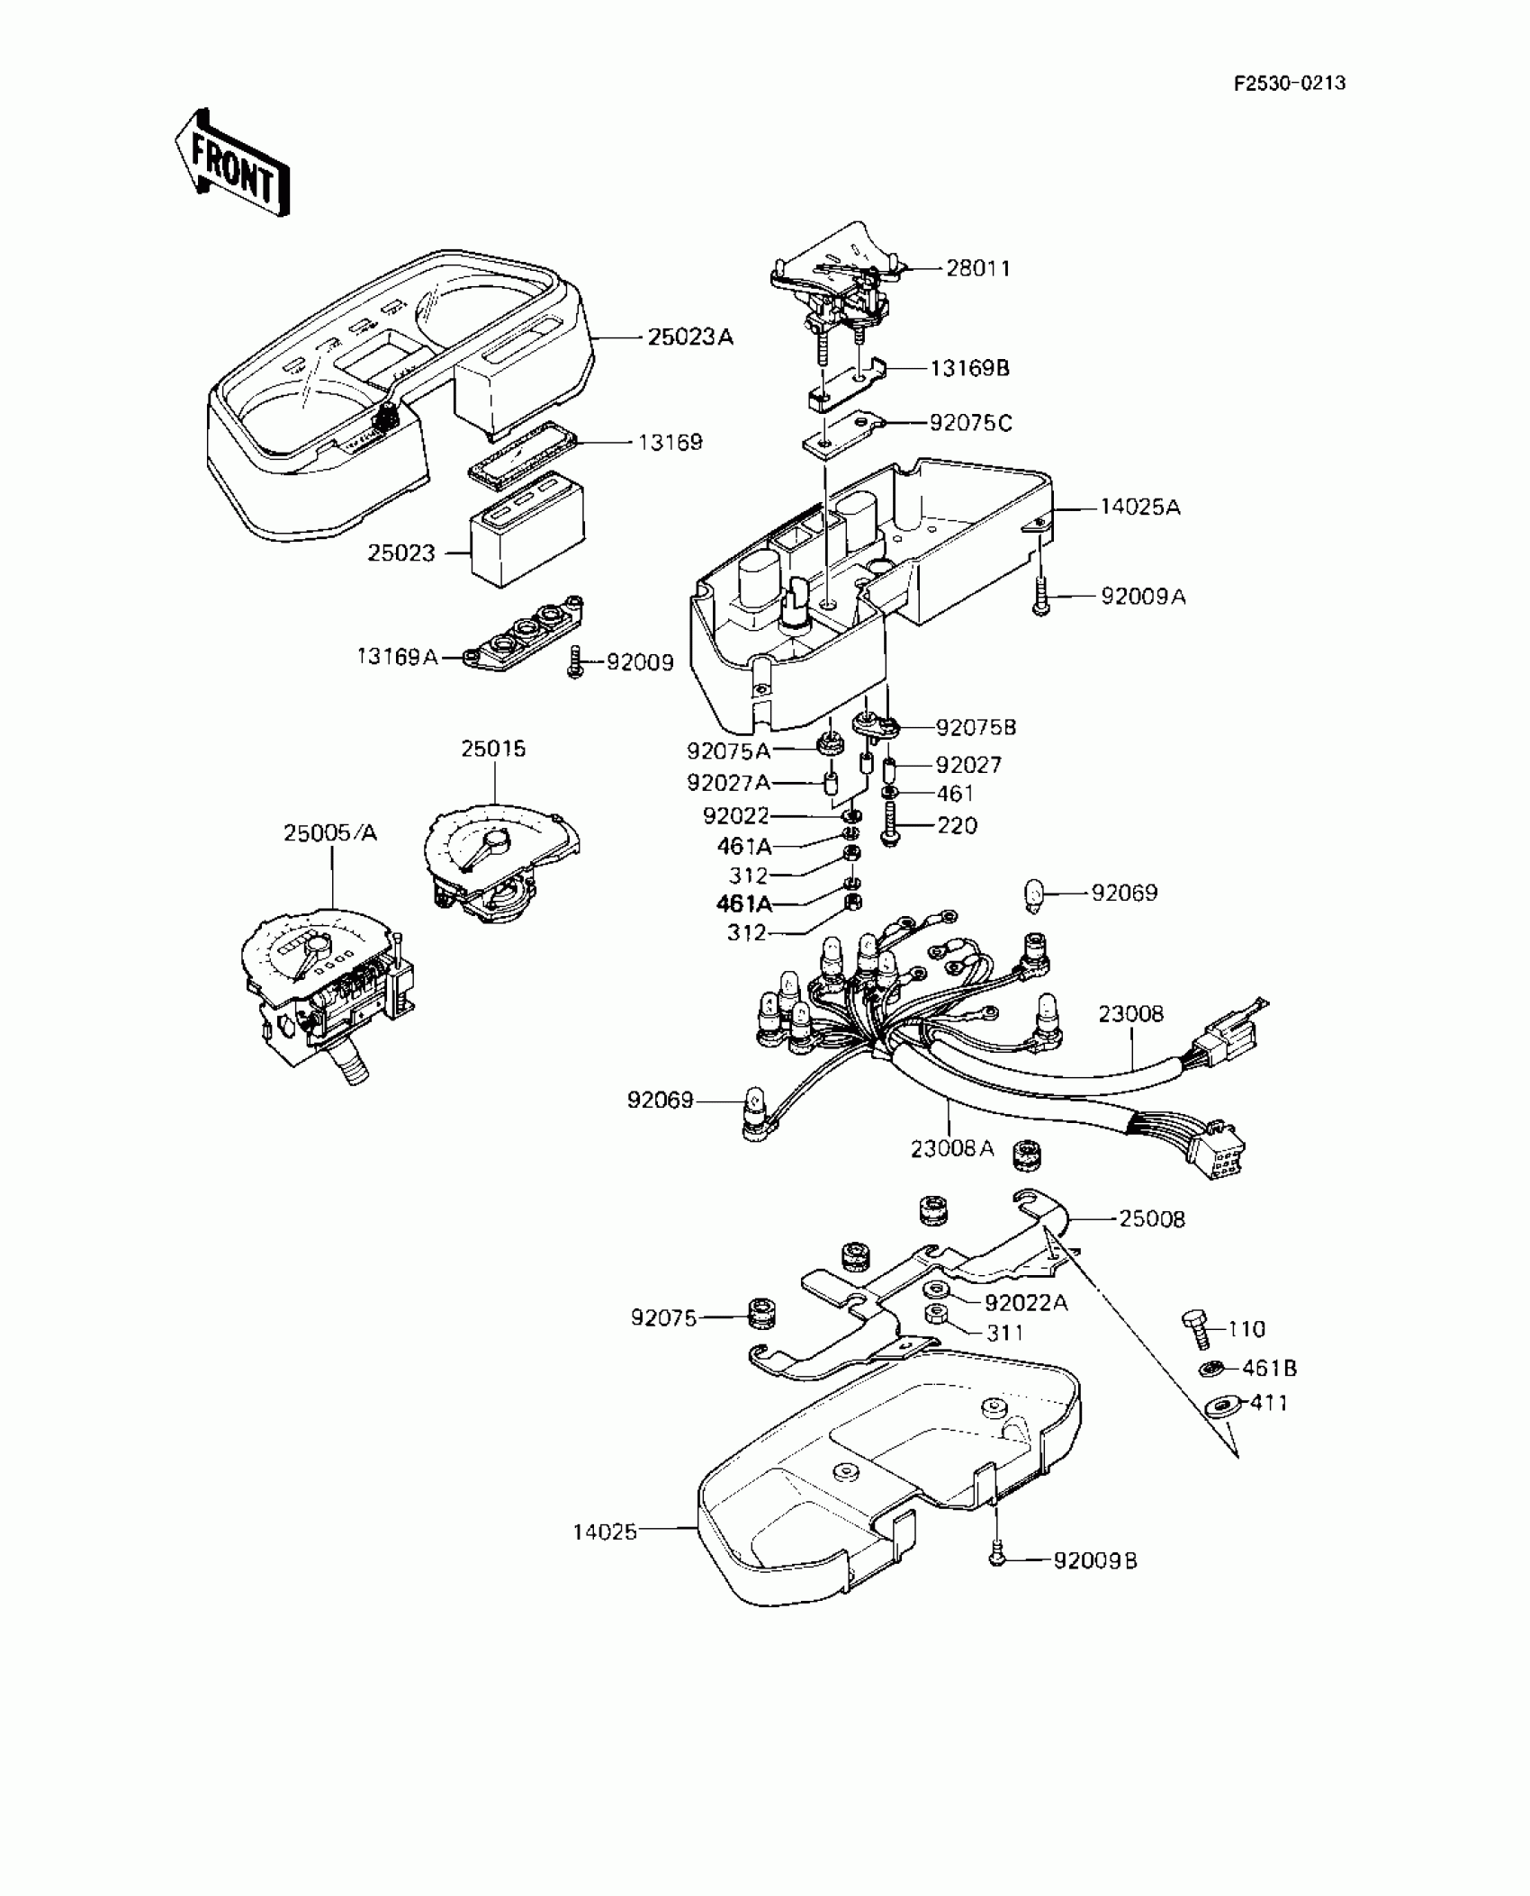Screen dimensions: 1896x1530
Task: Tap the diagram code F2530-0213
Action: (x=1290, y=84)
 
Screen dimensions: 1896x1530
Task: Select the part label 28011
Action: (x=978, y=268)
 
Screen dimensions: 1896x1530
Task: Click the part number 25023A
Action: (x=690, y=337)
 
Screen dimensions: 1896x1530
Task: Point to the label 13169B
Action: (x=970, y=368)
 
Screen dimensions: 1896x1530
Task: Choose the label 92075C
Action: (x=971, y=423)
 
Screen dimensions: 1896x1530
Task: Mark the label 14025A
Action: (x=1139, y=508)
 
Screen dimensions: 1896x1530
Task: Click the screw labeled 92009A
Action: (x=1041, y=596)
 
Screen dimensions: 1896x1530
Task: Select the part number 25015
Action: (x=493, y=749)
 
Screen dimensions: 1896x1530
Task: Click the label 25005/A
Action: (x=330, y=833)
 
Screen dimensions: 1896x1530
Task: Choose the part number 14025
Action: (x=605, y=1531)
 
